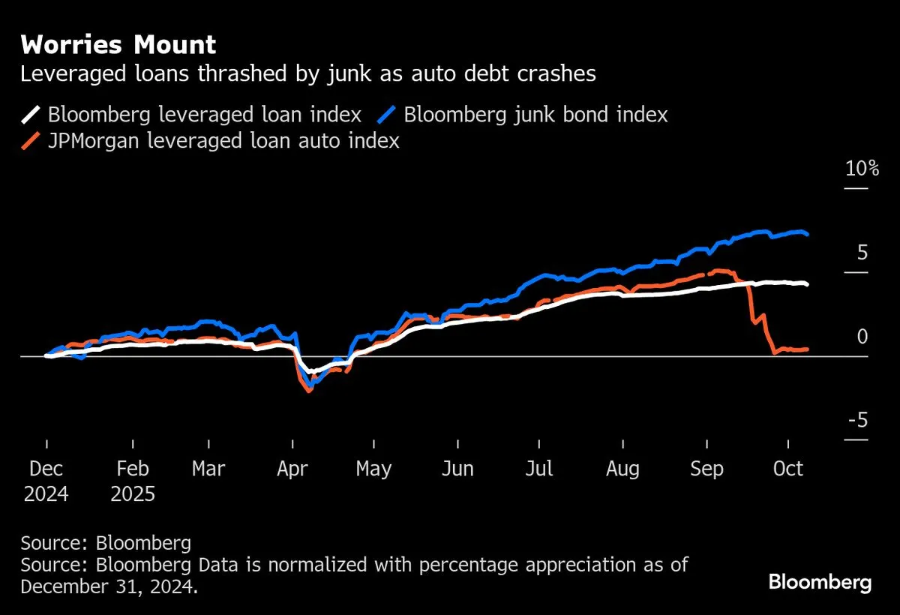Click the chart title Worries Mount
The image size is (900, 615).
click(x=118, y=46)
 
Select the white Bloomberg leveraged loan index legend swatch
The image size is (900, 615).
click(x=31, y=115)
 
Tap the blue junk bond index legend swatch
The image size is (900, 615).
click(x=387, y=115)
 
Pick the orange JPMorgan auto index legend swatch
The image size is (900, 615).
click(x=31, y=140)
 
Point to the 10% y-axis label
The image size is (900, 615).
click(x=862, y=168)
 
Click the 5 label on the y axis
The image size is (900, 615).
click(x=862, y=253)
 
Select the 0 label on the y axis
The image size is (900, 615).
click(x=862, y=337)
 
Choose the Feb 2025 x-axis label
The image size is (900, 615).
click(x=133, y=481)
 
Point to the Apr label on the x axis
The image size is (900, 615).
click(x=292, y=469)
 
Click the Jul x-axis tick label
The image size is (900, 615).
click(x=539, y=469)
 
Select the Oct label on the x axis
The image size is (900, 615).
click(x=787, y=469)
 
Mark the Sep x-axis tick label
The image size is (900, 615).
click(x=706, y=469)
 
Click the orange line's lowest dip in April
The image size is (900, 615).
click(x=309, y=391)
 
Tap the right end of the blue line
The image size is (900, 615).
click(x=807, y=235)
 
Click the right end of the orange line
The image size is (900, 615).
click(x=807, y=349)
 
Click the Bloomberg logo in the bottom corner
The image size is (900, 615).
click(x=820, y=582)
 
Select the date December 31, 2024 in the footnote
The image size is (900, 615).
click(x=109, y=586)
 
